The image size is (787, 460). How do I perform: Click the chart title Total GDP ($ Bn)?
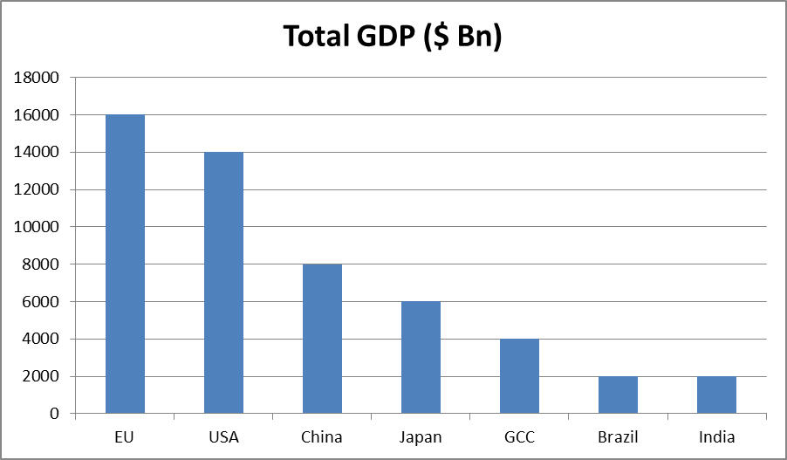tap(393, 37)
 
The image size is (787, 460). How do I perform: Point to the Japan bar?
tap(421, 357)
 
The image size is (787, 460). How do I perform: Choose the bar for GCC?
tap(519, 375)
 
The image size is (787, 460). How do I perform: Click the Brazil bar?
tap(618, 395)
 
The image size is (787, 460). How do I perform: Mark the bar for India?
tap(716, 395)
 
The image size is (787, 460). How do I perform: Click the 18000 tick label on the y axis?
tap(38, 78)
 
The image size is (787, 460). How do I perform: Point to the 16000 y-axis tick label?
tap(38, 115)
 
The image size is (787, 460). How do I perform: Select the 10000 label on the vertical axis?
tap(38, 227)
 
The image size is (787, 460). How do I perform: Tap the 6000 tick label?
tap(41, 302)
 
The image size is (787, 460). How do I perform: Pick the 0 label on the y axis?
tap(54, 414)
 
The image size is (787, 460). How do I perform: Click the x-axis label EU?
tap(125, 436)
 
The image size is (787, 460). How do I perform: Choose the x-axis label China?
tap(322, 436)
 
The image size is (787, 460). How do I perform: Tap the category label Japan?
tap(421, 436)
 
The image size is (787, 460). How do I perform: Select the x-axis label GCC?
tap(519, 436)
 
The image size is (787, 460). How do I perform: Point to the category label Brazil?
tap(618, 436)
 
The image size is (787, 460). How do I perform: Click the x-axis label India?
tap(716, 436)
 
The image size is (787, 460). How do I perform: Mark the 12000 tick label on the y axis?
tap(38, 189)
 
